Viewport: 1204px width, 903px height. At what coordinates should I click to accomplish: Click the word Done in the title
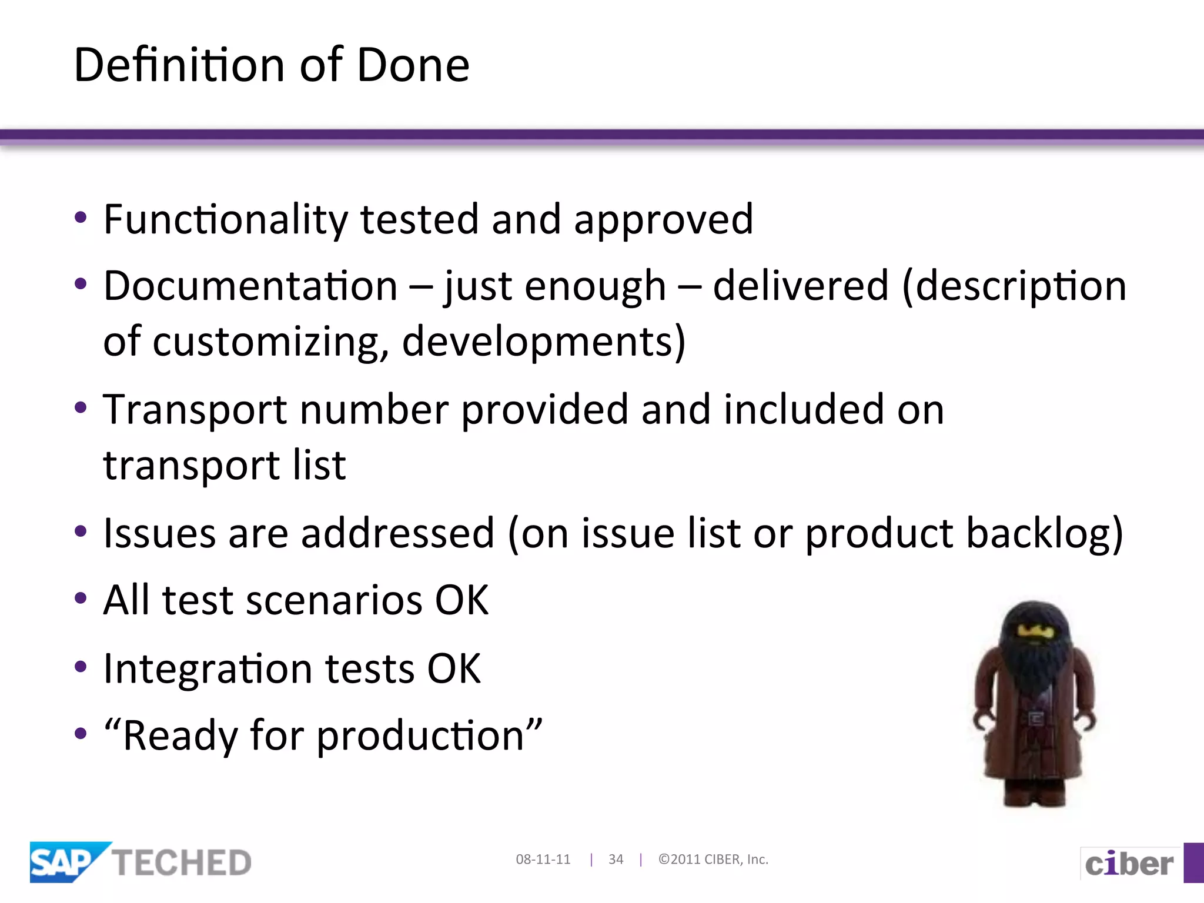click(413, 65)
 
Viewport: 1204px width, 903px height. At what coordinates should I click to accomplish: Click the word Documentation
click(251, 286)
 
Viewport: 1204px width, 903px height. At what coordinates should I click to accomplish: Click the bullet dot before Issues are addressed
click(81, 532)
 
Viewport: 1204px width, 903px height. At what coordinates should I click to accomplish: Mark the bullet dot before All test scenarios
click(81, 599)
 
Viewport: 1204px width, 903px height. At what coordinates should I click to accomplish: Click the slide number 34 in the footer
click(616, 859)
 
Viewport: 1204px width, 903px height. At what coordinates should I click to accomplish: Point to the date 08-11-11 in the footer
click(543, 859)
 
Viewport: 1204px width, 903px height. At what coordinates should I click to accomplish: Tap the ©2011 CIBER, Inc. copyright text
click(713, 859)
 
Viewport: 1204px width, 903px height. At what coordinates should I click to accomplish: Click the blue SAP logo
click(63, 862)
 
